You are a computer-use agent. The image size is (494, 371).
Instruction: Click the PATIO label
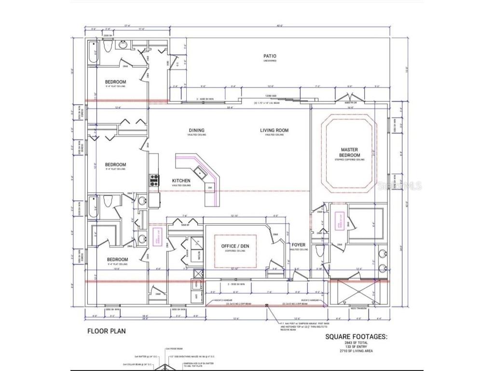tap(270, 56)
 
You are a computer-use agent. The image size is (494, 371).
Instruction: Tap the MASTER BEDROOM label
tap(350, 153)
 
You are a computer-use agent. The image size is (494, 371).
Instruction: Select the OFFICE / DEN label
tap(235, 246)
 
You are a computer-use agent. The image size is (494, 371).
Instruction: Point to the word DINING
tap(196, 130)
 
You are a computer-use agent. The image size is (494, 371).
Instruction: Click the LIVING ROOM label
tap(274, 130)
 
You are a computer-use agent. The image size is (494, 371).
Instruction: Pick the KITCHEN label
tap(181, 181)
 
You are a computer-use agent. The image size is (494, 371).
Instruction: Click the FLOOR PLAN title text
tap(107, 331)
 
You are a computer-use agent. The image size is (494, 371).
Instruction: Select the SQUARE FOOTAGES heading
tap(356, 337)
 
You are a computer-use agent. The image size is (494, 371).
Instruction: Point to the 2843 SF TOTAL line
tap(356, 343)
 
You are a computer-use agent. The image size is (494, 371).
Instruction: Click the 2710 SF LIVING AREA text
tap(356, 351)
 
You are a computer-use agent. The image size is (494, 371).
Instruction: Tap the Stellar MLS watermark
tap(405, 185)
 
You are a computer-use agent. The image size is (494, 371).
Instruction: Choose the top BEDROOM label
tap(115, 82)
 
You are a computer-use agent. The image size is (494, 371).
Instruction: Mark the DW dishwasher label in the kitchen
tap(209, 186)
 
